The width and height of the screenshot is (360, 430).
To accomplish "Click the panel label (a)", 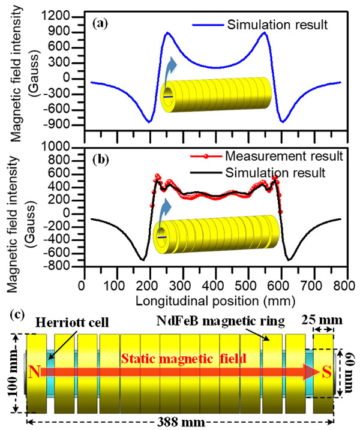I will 100,25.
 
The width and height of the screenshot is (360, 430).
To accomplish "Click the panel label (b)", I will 100,157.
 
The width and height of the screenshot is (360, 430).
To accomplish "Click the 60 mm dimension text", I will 349,372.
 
